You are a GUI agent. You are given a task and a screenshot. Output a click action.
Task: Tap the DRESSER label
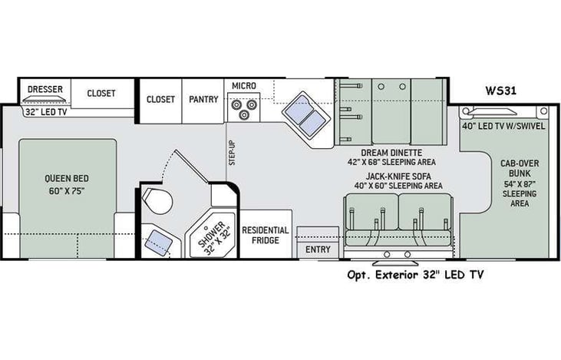[45, 89]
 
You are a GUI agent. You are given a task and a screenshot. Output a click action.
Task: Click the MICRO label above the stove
[243, 85]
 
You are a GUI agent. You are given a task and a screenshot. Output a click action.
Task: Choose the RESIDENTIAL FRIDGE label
[266, 235]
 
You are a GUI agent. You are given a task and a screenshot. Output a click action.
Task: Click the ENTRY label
[318, 250]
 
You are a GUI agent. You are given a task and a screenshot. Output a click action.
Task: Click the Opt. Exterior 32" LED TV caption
[415, 274]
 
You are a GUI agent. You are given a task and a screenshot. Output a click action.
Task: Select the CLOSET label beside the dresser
[101, 94]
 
